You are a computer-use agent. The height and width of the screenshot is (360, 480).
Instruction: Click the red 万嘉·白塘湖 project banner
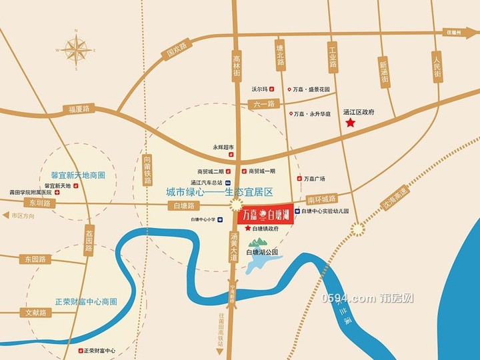265,214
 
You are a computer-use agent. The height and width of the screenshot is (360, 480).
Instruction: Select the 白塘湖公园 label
262,252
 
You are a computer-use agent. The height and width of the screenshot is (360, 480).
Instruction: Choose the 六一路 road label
265,103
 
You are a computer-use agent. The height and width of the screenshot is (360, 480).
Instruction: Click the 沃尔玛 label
259,89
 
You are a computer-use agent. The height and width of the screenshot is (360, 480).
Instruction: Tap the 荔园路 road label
89,241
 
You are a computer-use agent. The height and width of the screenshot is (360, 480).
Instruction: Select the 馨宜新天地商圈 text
79,175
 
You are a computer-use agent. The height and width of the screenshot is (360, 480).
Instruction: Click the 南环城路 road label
323,199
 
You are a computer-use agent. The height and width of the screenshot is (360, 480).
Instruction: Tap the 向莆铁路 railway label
148,168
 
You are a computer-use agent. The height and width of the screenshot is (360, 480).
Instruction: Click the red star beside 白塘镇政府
248,229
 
